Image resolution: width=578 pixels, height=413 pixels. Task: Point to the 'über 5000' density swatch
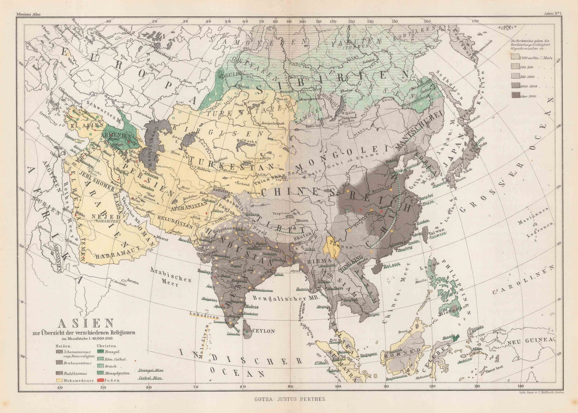pyautogui.click(x=516, y=96)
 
